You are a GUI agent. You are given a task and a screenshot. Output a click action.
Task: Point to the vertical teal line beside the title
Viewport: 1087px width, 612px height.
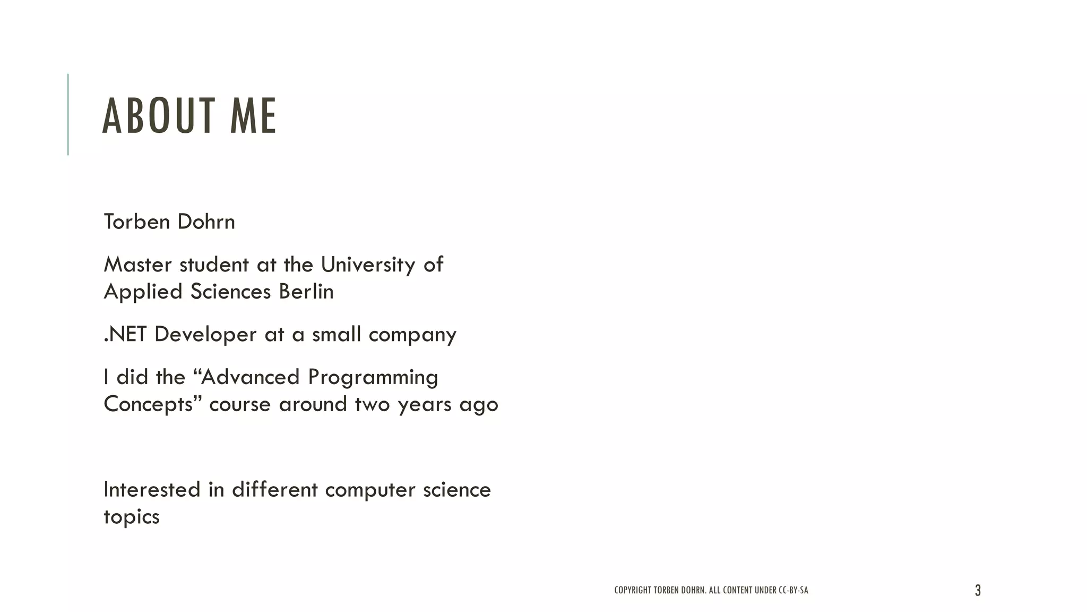point(68,114)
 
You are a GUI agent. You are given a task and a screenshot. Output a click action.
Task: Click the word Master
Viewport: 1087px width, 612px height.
point(138,265)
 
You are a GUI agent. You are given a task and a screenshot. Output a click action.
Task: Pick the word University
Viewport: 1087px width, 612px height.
point(368,265)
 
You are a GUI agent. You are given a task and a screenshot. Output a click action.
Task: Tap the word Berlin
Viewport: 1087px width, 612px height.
point(306,292)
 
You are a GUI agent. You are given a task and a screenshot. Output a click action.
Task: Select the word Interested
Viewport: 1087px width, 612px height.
point(152,490)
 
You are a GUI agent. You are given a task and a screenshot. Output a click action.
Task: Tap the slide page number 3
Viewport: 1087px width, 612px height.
point(978,590)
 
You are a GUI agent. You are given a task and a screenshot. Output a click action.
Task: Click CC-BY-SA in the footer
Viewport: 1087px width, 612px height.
point(793,590)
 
